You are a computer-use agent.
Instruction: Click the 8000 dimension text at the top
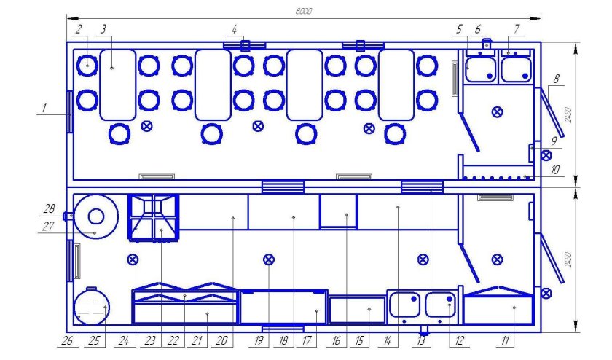pyautogui.click(x=303, y=12)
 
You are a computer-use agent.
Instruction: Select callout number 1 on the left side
pyautogui.click(x=44, y=108)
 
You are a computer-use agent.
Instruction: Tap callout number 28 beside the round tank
pyautogui.click(x=50, y=209)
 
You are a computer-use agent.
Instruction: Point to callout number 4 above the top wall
pyautogui.click(x=234, y=29)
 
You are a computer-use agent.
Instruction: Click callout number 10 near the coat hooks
pyautogui.click(x=555, y=170)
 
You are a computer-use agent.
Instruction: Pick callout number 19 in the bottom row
pyautogui.click(x=259, y=340)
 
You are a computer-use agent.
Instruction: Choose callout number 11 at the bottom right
pyautogui.click(x=505, y=340)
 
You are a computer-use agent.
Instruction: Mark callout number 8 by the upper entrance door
pyautogui.click(x=556, y=79)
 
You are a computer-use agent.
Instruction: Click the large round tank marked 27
pyautogui.click(x=96, y=216)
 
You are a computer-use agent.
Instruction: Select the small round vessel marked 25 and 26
pyautogui.click(x=92, y=306)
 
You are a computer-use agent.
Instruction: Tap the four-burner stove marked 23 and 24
pyautogui.click(x=154, y=216)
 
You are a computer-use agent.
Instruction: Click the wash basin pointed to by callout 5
pyautogui.click(x=480, y=70)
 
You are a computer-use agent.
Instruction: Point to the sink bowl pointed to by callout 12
pyautogui.click(x=440, y=305)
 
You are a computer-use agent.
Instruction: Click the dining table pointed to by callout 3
pyautogui.click(x=118, y=85)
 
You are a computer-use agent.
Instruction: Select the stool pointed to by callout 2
pyautogui.click(x=87, y=65)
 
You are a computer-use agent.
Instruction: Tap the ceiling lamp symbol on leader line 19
pyautogui.click(x=269, y=259)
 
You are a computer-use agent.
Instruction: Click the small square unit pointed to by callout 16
pyautogui.click(x=338, y=211)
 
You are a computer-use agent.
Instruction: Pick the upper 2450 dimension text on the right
pyautogui.click(x=568, y=115)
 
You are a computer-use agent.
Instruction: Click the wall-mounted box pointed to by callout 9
pyautogui.click(x=532, y=153)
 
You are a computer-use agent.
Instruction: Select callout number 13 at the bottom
pyautogui.click(x=420, y=340)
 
